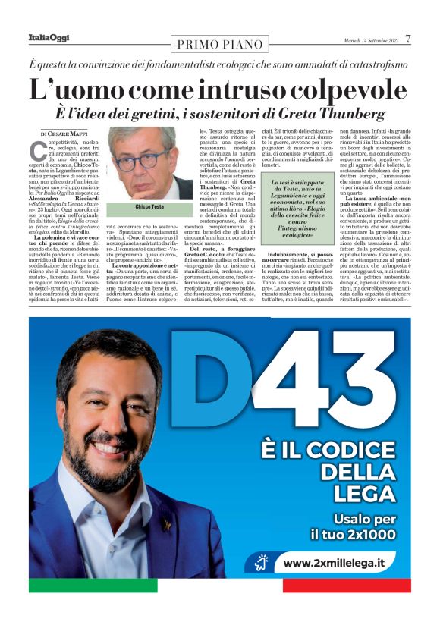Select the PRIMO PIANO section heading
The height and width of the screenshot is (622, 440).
point(218,44)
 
